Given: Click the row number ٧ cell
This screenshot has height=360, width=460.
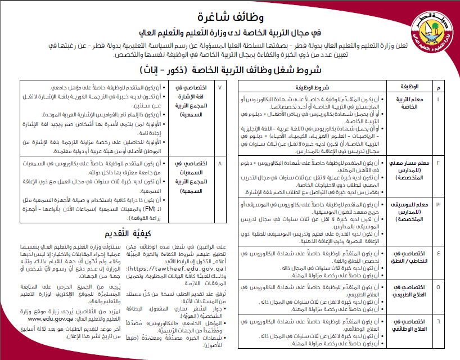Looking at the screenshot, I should tap(219, 88).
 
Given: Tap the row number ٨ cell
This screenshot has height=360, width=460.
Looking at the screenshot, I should tap(219, 148).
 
